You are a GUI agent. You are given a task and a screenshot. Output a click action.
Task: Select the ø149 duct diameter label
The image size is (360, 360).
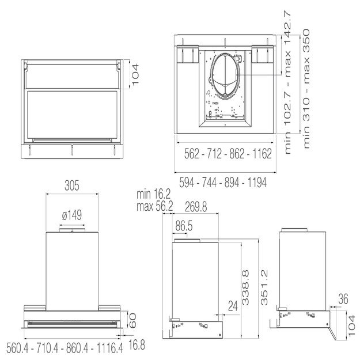click(x=71, y=215)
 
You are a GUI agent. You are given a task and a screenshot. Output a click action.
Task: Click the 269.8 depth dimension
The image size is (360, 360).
click(x=196, y=206)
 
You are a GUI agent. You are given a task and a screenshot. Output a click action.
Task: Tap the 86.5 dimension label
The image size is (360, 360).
click(x=184, y=226)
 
